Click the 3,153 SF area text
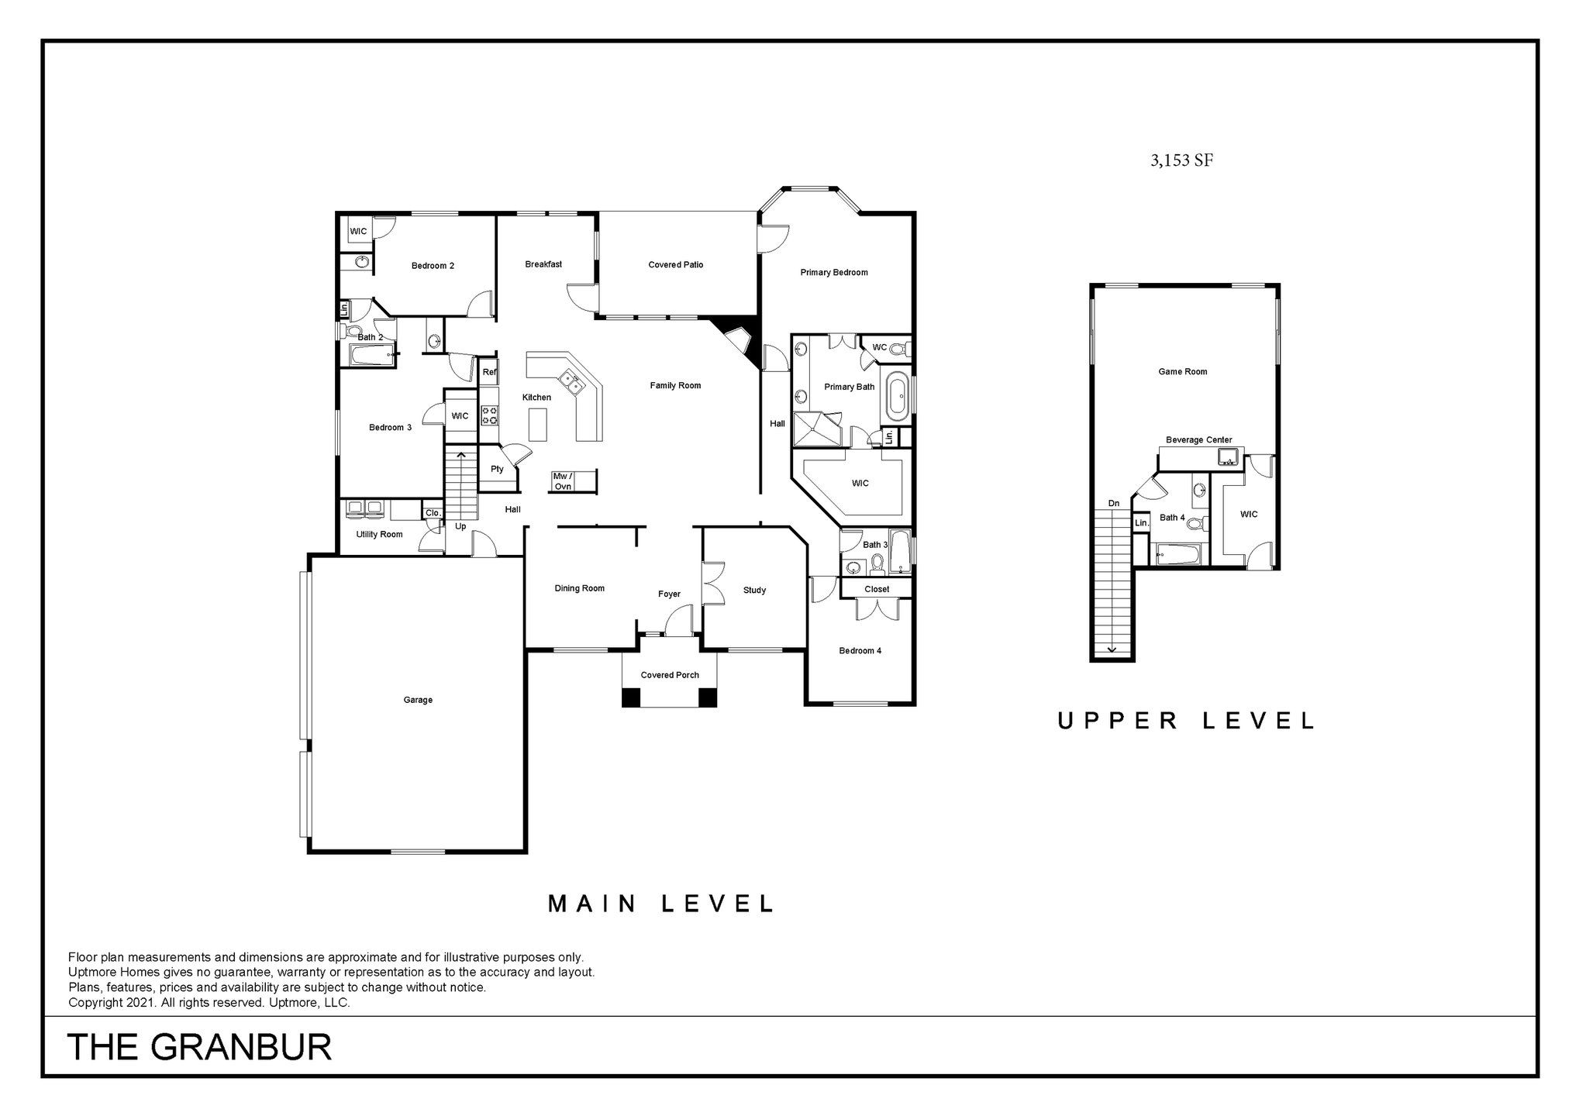tap(1181, 161)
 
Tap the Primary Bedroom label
tap(834, 273)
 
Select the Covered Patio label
tap(676, 265)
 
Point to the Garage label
tap(418, 701)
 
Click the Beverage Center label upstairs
tap(1199, 440)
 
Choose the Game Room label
tap(1183, 372)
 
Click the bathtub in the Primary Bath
tap(898, 394)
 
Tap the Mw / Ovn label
tap(562, 481)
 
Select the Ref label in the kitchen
tap(489, 373)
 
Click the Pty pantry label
tap(497, 470)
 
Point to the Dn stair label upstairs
tap(1114, 504)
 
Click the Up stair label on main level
tap(460, 527)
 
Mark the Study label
tap(754, 591)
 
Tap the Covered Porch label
tap(670, 676)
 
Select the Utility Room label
tap(379, 535)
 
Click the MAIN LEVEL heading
tap(661, 904)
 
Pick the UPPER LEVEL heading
tap(1186, 722)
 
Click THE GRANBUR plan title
tap(200, 1047)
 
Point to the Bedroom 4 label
tap(860, 651)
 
